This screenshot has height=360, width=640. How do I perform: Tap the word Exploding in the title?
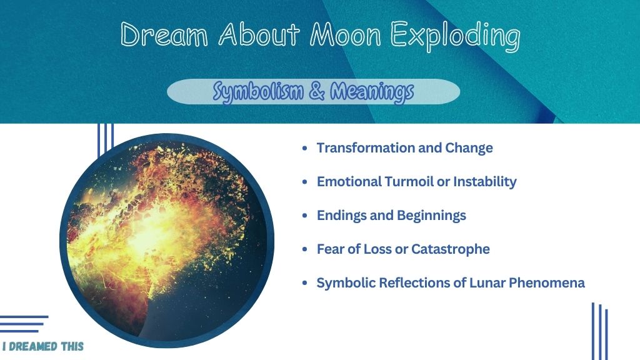pos(455,36)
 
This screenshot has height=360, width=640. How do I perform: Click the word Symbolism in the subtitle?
pos(258,91)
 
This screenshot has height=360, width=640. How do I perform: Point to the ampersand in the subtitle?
pos(317,91)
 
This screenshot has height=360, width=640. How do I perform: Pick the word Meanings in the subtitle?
pos(372,91)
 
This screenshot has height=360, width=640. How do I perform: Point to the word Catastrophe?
pos(451,249)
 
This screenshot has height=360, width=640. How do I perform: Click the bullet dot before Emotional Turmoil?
pos(305,182)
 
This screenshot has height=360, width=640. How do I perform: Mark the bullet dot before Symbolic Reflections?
pos(305,283)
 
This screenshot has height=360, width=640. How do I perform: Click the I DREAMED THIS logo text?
pos(43,346)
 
